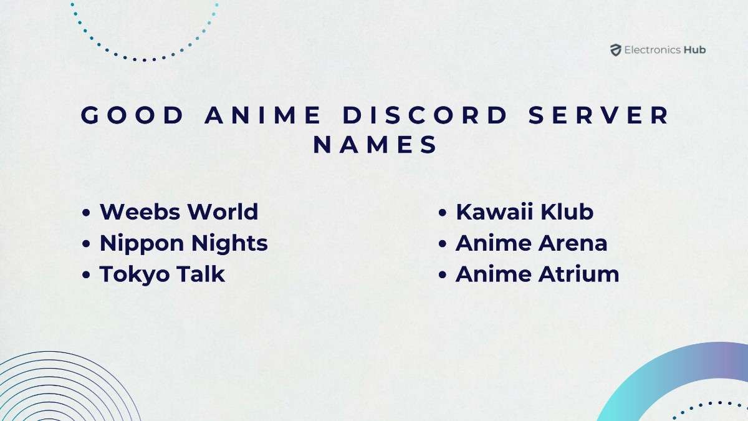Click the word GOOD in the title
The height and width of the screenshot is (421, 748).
pyautogui.click(x=133, y=116)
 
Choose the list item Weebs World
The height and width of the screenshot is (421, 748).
pyautogui.click(x=179, y=211)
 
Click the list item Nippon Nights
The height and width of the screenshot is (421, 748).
pyautogui.click(x=184, y=243)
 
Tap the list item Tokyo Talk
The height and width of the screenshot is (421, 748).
pyautogui.click(x=162, y=274)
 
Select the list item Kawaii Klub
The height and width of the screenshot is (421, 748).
pyautogui.click(x=524, y=211)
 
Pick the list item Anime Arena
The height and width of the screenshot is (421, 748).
pyautogui.click(x=531, y=243)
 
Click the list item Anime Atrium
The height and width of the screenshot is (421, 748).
pyautogui.click(x=537, y=274)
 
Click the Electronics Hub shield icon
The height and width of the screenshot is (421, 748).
pyautogui.click(x=616, y=51)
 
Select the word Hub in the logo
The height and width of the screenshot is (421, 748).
pyautogui.click(x=694, y=50)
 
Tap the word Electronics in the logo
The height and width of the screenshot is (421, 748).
pyautogui.click(x=652, y=50)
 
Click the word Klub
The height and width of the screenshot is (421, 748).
pyautogui.click(x=568, y=211)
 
